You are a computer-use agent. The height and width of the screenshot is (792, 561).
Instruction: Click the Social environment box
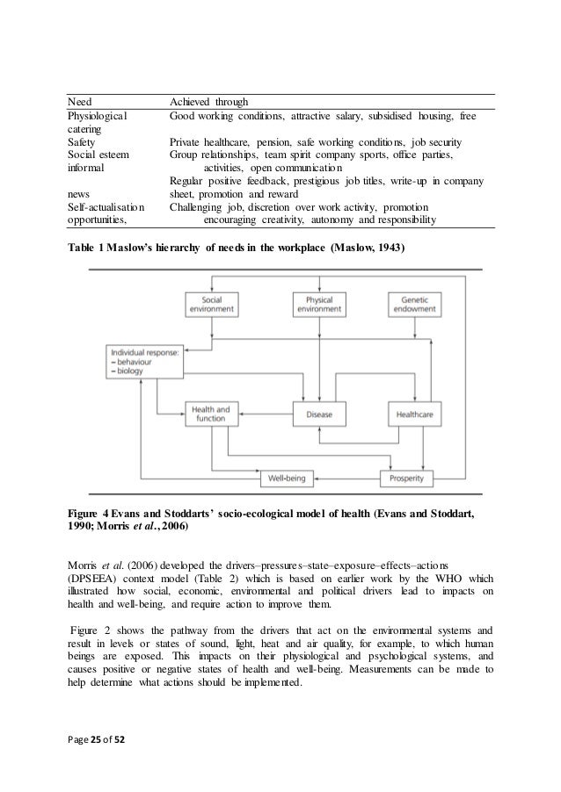coord(213,303)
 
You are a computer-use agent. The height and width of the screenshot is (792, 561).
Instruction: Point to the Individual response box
coord(142,362)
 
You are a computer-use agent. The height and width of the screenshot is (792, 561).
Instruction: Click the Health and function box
coord(211,413)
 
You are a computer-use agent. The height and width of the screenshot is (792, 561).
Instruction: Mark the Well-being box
coord(285,479)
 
